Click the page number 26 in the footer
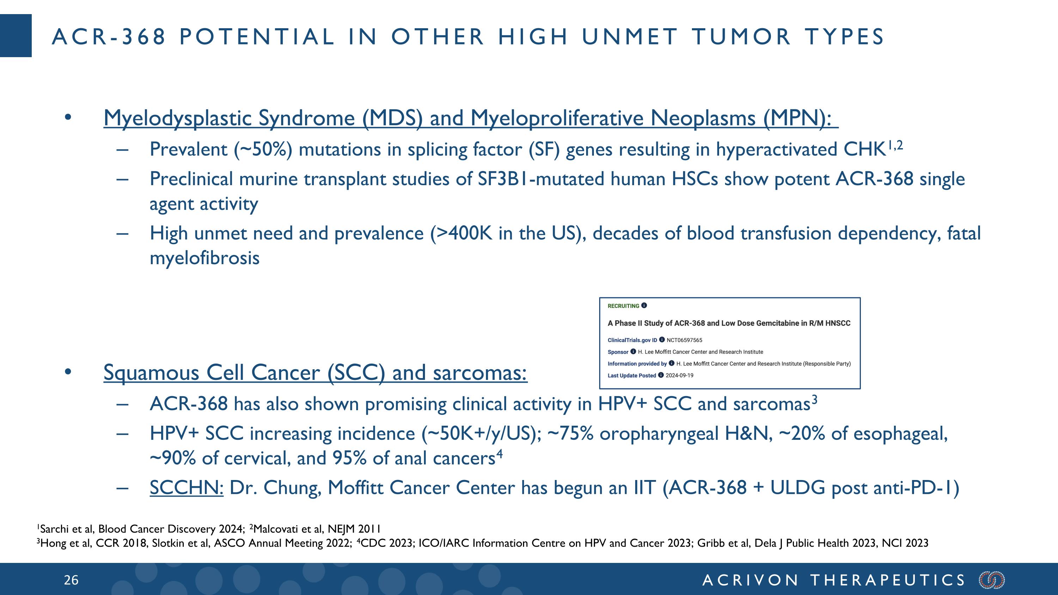[x=71, y=580]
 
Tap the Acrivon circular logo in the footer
[x=992, y=580]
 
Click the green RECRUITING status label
[x=623, y=306]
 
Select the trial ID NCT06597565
[x=684, y=340]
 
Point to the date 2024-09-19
[x=679, y=375]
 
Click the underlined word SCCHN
[x=186, y=487]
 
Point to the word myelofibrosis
[x=205, y=258]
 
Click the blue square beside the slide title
[x=16, y=35]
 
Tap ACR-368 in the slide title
[x=108, y=37]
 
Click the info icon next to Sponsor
[x=633, y=352]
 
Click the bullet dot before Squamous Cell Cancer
[x=68, y=372]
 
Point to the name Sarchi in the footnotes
[x=55, y=529]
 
